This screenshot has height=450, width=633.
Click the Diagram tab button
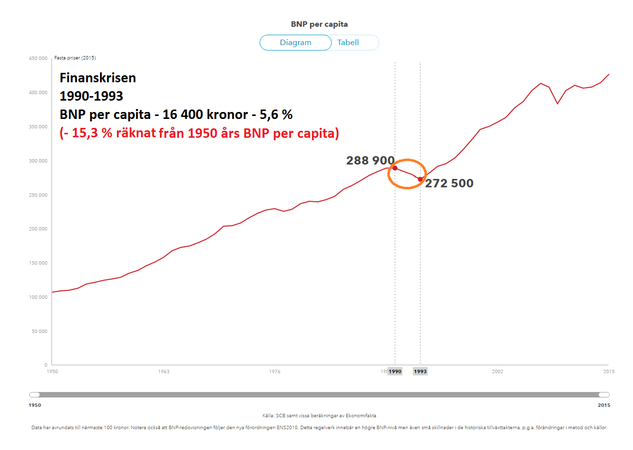click(295, 43)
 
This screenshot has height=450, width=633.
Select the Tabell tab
click(348, 43)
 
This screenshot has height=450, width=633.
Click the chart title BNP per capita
click(319, 24)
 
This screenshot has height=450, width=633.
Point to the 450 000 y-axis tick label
click(38, 58)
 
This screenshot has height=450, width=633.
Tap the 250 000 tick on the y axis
click(38, 195)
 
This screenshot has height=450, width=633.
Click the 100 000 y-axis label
click(38, 297)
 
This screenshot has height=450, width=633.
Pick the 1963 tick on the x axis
click(163, 371)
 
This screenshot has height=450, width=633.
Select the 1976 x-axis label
click(275, 371)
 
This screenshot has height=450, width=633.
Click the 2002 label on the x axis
click(497, 371)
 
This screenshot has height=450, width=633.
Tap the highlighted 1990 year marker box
click(395, 371)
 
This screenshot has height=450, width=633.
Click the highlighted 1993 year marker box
click(420, 371)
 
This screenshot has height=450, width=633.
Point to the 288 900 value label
click(370, 161)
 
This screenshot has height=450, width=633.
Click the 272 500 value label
click(449, 183)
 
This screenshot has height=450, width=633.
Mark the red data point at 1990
click(395, 168)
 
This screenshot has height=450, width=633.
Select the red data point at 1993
click(420, 179)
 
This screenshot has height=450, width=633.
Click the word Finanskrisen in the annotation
click(98, 78)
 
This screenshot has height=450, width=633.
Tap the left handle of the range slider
click(35, 394)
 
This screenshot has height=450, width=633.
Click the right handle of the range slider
click(604, 394)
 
